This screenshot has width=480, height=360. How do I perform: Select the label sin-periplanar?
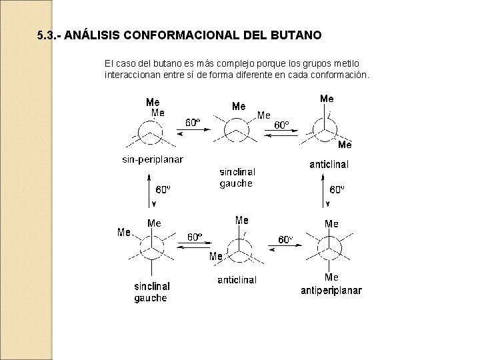coord(153,159)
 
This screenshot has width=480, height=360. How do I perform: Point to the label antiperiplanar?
coord(331,290)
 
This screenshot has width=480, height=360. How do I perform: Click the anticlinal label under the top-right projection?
coord(329,165)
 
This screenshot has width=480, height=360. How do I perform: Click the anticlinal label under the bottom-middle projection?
coord(237,280)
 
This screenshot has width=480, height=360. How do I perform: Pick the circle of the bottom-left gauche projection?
coord(151,251)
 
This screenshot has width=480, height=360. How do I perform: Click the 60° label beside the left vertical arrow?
coord(163,189)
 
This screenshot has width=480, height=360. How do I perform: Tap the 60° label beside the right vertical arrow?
coord(337,189)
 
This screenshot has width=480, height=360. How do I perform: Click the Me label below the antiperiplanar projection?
coord(331,277)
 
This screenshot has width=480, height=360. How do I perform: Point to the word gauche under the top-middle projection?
coord(236,183)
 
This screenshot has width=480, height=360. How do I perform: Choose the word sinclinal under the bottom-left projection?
coord(152,286)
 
